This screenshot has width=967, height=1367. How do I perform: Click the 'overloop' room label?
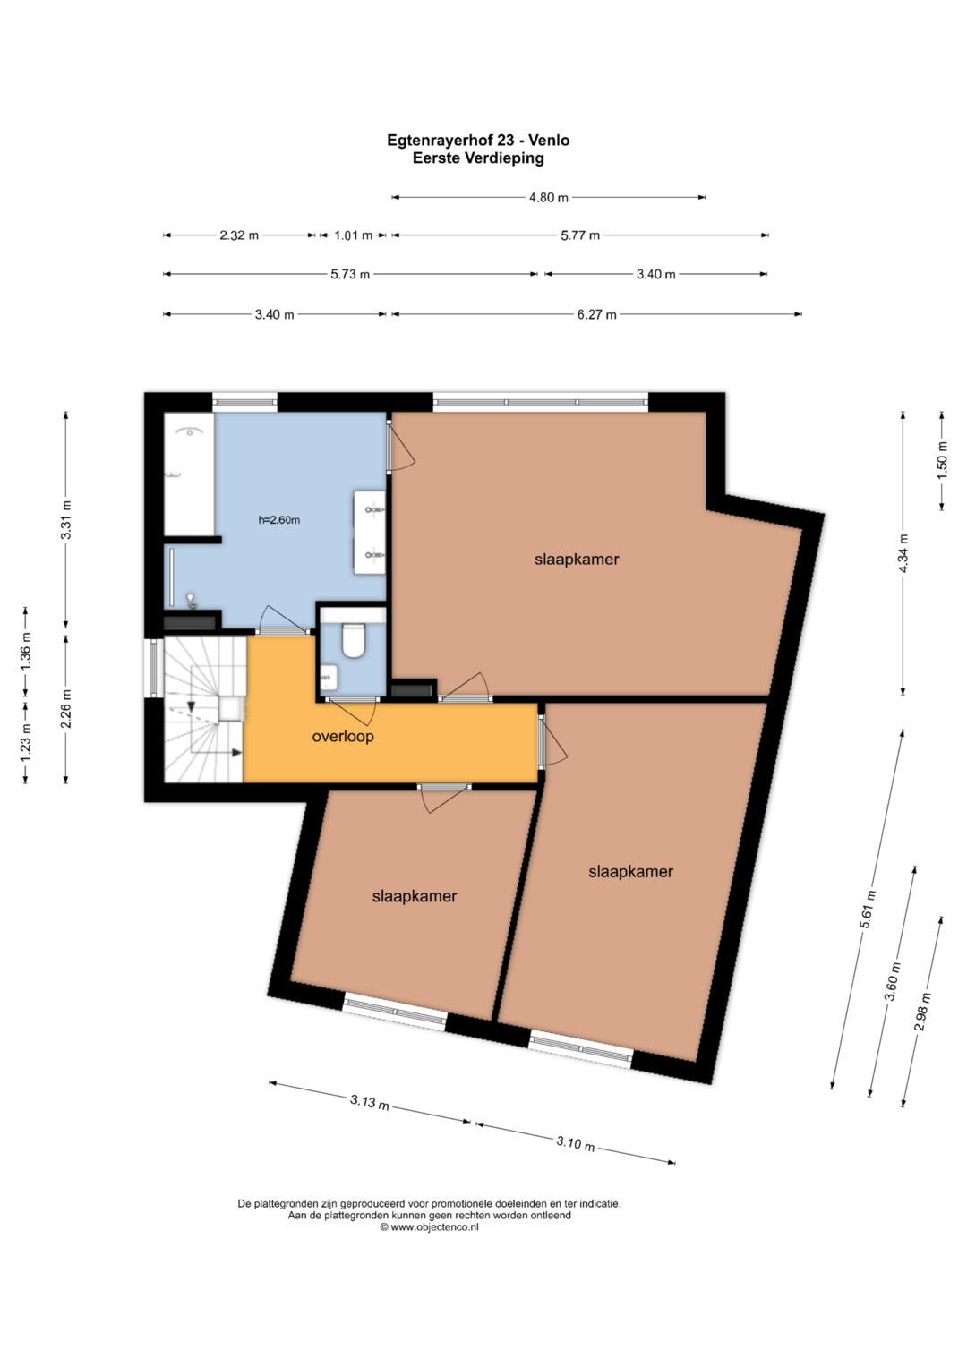[342, 737]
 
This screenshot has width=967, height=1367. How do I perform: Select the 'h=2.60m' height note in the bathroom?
[279, 520]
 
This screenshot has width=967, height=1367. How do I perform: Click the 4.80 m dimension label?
[548, 198]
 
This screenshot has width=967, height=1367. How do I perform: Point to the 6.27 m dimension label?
[596, 315]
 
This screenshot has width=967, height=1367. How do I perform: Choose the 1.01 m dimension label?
[353, 235]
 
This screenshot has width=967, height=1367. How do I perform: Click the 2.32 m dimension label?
[239, 235]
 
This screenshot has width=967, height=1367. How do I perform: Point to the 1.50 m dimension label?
[943, 459]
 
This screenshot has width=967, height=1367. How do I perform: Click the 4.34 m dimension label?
[903, 553]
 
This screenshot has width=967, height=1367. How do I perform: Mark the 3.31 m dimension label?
[66, 519]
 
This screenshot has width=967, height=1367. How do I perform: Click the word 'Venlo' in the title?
[549, 141]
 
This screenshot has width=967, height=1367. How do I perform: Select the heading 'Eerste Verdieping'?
[478, 158]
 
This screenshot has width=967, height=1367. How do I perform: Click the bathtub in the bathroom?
[189, 474]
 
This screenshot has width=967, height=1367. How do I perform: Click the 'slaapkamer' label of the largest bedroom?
[577, 559]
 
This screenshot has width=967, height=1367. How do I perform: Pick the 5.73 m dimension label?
[350, 275]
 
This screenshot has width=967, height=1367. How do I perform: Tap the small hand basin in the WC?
[329, 675]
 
